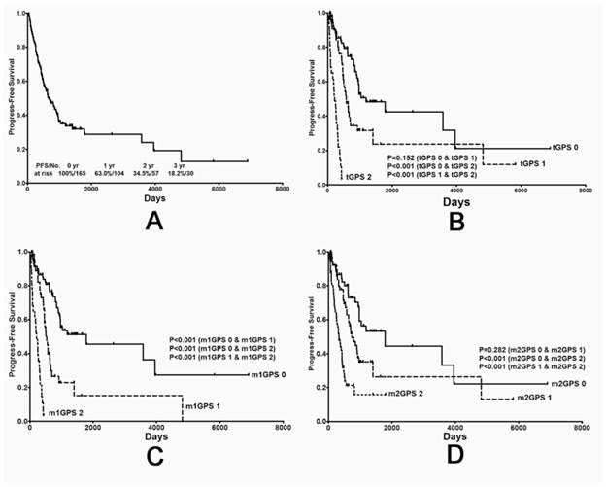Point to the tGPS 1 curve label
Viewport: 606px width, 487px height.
click(x=536, y=162)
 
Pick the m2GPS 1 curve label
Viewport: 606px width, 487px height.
click(x=534, y=398)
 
